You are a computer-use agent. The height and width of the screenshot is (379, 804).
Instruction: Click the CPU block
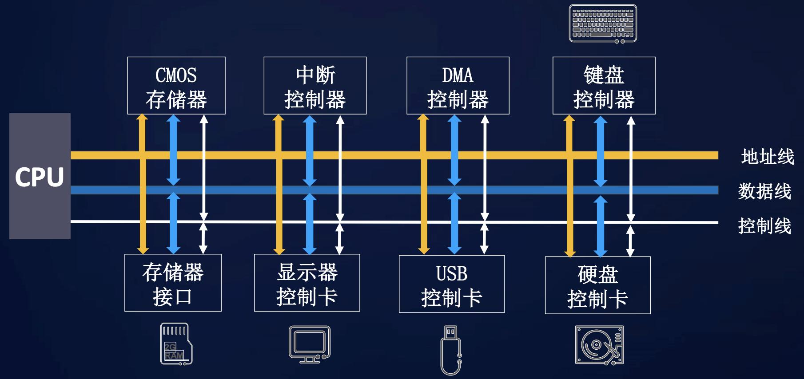pyautogui.click(x=40, y=176)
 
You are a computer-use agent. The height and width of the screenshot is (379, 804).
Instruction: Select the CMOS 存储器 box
pyautogui.click(x=176, y=86)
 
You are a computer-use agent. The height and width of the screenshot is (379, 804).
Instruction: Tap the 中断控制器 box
pyautogui.click(x=315, y=86)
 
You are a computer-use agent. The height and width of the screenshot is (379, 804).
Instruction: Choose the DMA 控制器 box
pyautogui.click(x=458, y=86)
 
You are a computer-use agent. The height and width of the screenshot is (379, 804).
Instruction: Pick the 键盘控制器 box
pyautogui.click(x=604, y=86)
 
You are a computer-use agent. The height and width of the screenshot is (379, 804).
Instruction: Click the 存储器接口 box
pyautogui.click(x=173, y=283)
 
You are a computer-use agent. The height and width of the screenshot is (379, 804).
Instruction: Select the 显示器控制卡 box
pyautogui.click(x=307, y=283)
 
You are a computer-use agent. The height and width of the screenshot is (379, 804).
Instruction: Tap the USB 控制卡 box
pyautogui.click(x=452, y=284)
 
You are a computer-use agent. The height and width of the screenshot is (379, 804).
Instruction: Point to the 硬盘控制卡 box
pyautogui.click(x=597, y=285)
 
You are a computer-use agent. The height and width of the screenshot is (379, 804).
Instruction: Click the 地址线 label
pyautogui.click(x=767, y=157)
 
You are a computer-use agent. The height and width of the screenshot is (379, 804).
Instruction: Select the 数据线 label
pyautogui.click(x=764, y=191)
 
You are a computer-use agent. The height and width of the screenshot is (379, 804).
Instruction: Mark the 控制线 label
pyautogui.click(x=764, y=226)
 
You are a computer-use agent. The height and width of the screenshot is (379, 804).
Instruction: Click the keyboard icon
pyautogui.click(x=603, y=24)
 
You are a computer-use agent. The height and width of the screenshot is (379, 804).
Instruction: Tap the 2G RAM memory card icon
pyautogui.click(x=176, y=344)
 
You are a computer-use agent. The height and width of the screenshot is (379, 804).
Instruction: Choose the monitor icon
pyautogui.click(x=309, y=344)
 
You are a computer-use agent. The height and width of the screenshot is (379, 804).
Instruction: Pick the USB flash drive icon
pyautogui.click(x=451, y=350)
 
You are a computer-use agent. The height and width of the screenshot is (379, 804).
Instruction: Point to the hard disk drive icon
pyautogui.click(x=599, y=345)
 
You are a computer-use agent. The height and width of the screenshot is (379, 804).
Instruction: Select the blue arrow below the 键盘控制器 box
pyautogui.click(x=601, y=151)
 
